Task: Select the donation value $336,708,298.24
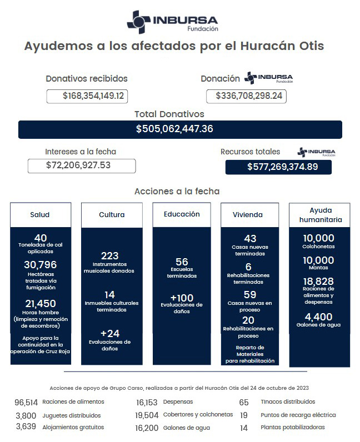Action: (246, 96)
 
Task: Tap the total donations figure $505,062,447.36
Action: (174, 129)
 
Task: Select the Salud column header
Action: (40, 214)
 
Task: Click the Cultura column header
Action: (112, 214)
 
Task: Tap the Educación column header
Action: (182, 214)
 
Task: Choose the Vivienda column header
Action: (248, 214)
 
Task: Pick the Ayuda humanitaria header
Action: (318, 214)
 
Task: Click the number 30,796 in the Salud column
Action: (40, 265)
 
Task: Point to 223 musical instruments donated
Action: (109, 255)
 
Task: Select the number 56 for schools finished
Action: (182, 262)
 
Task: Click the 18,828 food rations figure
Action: (318, 281)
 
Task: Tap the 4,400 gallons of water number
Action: (318, 317)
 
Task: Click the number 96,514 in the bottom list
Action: (26, 402)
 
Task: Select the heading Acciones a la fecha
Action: (177, 191)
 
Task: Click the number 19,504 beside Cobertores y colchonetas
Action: (147, 415)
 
